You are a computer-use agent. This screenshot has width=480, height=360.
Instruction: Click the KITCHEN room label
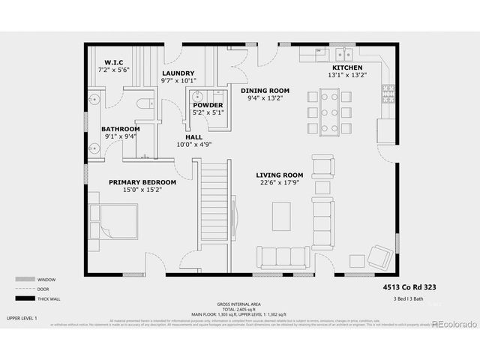point(346,67)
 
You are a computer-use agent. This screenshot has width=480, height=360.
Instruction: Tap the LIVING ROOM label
point(280,175)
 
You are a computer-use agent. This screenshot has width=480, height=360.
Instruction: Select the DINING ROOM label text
point(265,91)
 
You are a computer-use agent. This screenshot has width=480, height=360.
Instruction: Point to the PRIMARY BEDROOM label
point(142,181)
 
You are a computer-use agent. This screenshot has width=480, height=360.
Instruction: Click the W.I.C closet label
point(114,61)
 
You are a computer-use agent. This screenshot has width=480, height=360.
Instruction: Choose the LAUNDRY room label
point(178,73)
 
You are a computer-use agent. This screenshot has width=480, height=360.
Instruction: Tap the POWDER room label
point(208,105)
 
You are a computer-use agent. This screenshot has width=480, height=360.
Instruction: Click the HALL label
point(194,136)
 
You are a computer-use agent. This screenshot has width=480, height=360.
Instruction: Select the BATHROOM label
point(121,129)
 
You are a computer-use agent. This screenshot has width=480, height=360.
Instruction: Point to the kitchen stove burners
point(388,92)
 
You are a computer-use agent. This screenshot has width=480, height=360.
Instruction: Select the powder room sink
point(197,96)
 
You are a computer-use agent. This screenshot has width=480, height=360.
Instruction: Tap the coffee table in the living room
point(281,216)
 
